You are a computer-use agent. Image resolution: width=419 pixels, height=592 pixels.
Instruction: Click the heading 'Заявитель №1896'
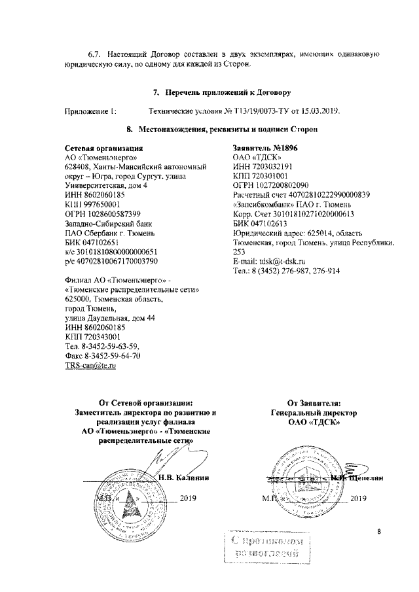coord(265,149)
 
